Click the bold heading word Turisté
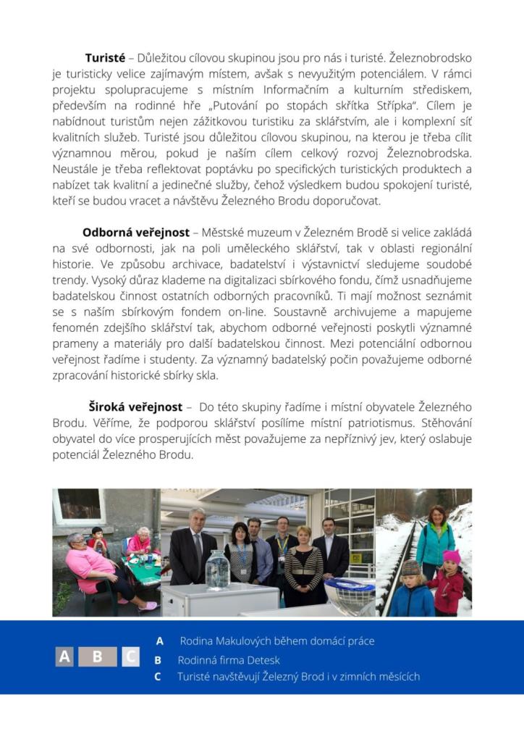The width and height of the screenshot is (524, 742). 105,57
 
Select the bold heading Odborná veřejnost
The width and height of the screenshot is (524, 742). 136,233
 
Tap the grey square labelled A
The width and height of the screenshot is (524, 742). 65,656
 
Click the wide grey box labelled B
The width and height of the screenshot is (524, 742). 98,656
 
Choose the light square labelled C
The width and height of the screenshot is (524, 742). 130,656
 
